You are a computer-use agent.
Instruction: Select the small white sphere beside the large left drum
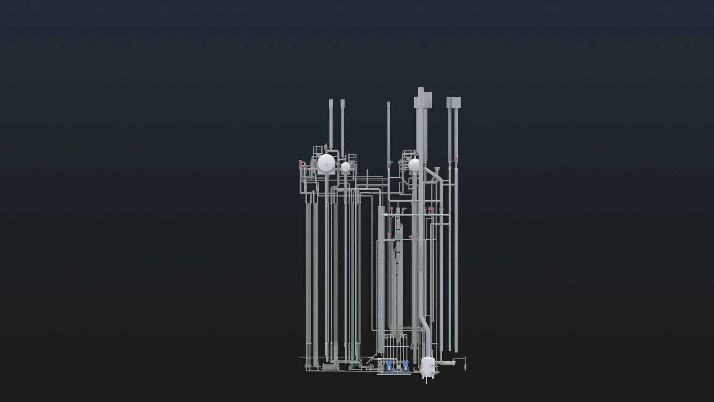[x=346, y=167]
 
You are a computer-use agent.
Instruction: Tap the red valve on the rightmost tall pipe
[x=456, y=159]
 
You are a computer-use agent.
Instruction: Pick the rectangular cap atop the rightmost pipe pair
[x=454, y=102]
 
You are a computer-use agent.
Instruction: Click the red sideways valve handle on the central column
[x=411, y=237]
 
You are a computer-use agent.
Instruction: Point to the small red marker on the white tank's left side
[x=421, y=369]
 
